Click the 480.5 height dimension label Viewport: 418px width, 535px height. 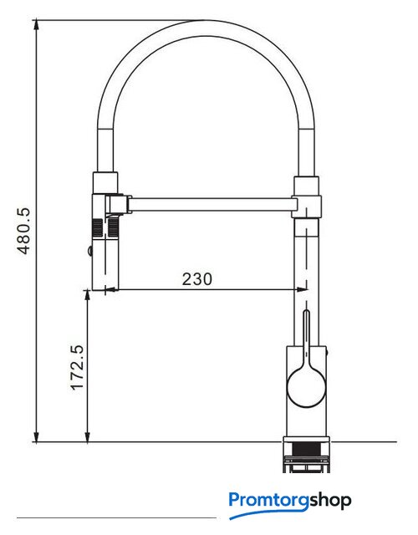tap(24, 232)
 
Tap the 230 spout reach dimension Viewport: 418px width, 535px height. tap(197, 278)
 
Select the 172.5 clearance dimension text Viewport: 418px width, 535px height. tap(76, 367)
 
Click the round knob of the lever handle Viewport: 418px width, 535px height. tap(307, 387)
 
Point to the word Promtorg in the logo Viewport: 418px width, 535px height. tap(269, 500)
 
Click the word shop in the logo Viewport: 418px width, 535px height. tap(330, 501)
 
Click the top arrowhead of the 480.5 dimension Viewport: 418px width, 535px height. tap(36, 25)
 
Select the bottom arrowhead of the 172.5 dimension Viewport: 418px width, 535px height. tap(88, 436)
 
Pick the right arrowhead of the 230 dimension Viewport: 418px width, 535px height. tap(303, 290)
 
